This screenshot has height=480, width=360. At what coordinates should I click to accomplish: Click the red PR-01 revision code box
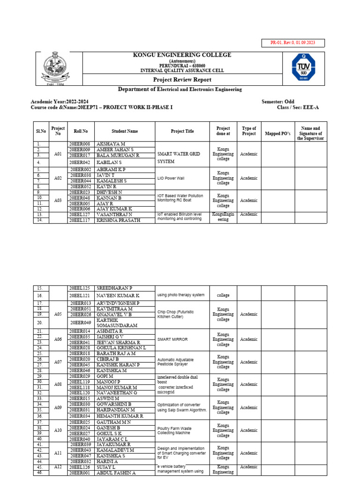[292, 43]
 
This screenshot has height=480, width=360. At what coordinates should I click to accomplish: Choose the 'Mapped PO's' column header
[277, 134]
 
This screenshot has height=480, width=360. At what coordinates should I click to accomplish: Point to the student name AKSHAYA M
[111, 144]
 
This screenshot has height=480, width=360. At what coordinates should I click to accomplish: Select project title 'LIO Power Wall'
[172, 178]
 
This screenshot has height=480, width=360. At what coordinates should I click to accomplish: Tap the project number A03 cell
[58, 200]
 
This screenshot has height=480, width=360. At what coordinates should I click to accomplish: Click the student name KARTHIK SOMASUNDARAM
[117, 322]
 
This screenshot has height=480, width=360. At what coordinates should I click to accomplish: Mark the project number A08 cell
[58, 384]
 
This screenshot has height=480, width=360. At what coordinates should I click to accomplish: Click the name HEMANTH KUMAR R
[120, 416]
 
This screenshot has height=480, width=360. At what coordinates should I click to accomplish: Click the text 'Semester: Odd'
[278, 101]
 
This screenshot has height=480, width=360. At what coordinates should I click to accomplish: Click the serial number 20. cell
[41, 322]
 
